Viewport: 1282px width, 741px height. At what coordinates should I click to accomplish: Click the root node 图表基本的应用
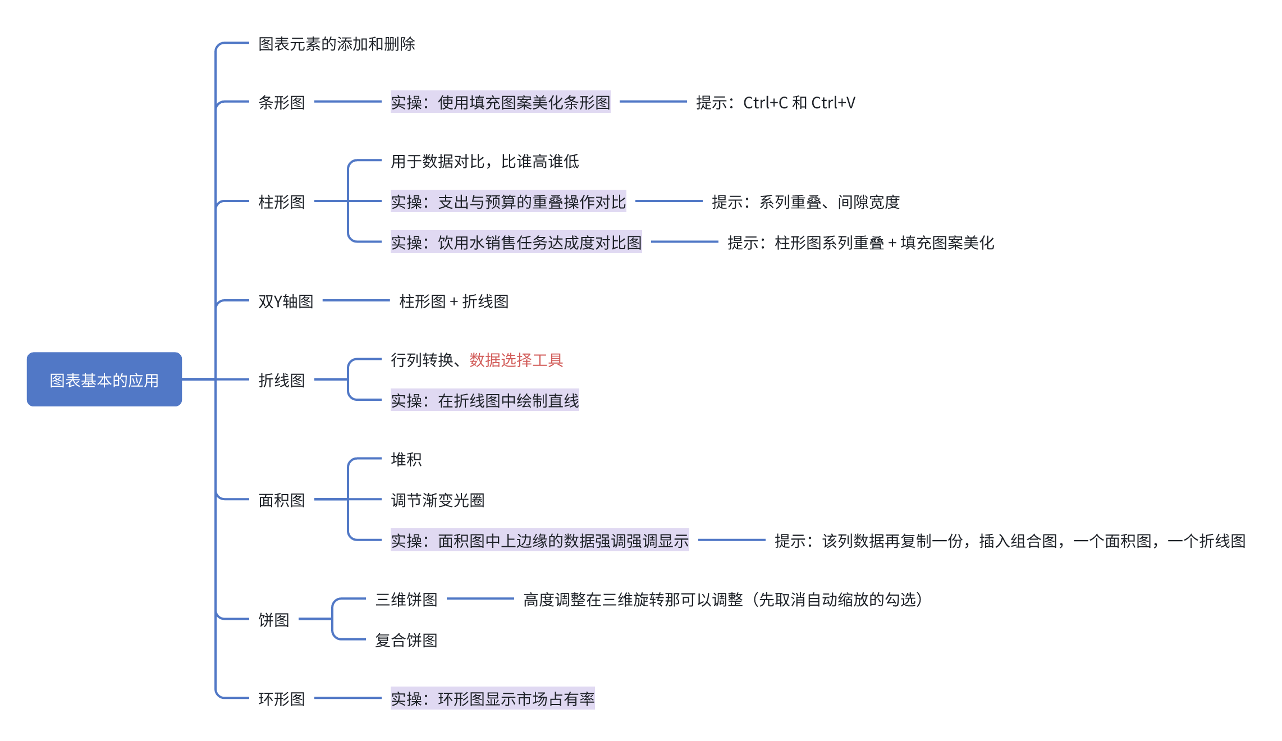coord(104,379)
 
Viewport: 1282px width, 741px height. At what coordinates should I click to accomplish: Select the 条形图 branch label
coord(281,103)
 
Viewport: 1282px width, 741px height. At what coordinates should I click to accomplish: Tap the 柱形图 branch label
coord(281,202)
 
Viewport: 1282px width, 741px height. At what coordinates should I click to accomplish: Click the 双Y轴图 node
coord(286,301)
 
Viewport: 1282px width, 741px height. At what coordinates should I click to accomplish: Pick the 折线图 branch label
coord(281,381)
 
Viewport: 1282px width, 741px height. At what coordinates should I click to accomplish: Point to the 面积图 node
coord(281,500)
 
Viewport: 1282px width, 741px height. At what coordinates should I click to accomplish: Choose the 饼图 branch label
coord(273,620)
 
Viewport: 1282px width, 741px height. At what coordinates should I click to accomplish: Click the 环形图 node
coord(281,699)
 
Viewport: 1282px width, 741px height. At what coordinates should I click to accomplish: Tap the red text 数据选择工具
coord(516,360)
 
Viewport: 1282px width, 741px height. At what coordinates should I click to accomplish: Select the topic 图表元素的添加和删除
coord(337,44)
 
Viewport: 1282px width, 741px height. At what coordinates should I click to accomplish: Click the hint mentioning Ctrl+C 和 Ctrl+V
coord(776,103)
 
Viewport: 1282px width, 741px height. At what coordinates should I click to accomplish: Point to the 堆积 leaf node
coord(406,460)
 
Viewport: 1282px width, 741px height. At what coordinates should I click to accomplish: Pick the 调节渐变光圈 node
coord(437,500)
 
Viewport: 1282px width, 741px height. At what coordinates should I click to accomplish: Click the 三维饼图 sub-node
coord(406,600)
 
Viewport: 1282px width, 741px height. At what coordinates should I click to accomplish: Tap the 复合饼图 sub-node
coord(406,640)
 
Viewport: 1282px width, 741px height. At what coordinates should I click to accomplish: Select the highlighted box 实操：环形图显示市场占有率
coord(492,699)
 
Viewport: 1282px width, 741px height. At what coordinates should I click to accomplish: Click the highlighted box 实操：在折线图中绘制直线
coord(484,401)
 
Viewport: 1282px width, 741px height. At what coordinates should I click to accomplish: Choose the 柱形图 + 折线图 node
coord(454,301)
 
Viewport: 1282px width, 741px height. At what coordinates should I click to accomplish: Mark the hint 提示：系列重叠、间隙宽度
coord(805,202)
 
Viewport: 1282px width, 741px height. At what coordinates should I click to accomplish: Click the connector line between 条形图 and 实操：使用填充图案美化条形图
coord(348,102)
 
